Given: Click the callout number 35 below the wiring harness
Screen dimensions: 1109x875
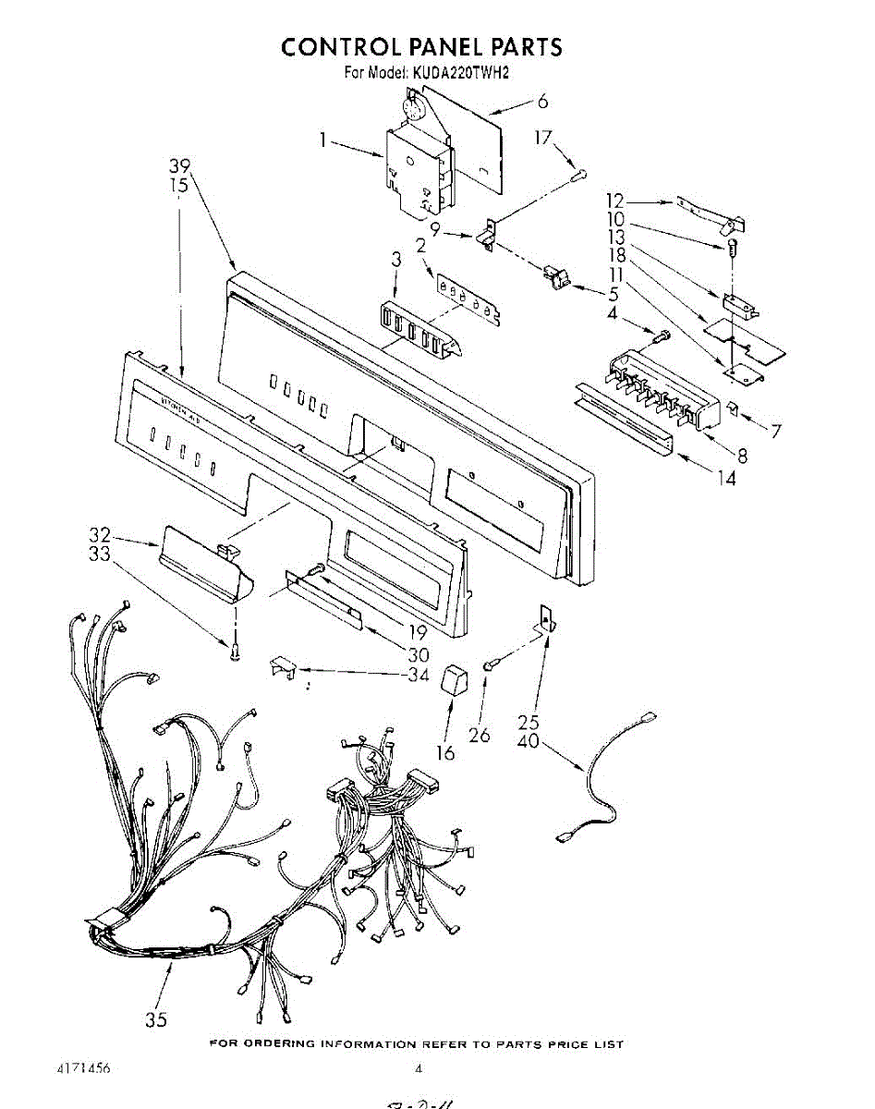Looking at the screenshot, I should [155, 1020].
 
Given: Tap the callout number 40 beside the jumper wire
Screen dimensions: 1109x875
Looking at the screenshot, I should [529, 741].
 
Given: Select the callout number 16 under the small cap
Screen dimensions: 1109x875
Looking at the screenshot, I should [445, 753].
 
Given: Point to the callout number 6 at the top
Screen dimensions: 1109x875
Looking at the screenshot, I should [542, 102].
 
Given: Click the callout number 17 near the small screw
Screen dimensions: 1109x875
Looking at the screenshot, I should [542, 139].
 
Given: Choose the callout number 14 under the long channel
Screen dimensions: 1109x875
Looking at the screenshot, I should [727, 479].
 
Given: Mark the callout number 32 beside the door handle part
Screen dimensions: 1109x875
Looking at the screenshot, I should [100, 535].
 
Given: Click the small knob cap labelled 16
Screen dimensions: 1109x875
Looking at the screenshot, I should [454, 682].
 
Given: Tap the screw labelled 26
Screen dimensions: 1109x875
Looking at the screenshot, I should [492, 663].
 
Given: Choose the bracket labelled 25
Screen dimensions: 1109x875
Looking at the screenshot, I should [546, 620].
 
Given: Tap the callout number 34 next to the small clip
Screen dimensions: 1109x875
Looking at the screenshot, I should [419, 675].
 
